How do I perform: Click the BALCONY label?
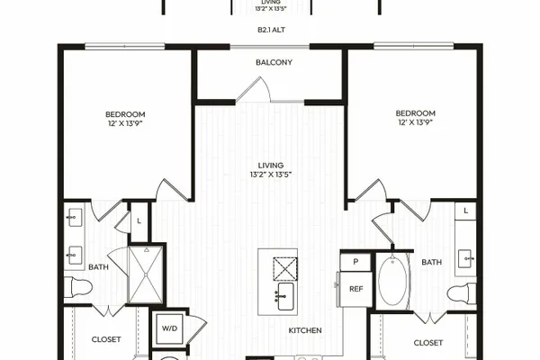pyautogui.click(x=274, y=62)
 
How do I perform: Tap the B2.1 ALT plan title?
pyautogui.click(x=271, y=30)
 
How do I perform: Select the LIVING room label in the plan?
pyautogui.click(x=271, y=166)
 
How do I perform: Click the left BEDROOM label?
pyautogui.click(x=125, y=114)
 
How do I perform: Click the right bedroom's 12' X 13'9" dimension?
pyautogui.click(x=415, y=122)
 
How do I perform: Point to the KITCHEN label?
pyautogui.click(x=305, y=330)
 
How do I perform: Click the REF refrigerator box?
pyautogui.click(x=356, y=289)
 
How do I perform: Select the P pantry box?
pyautogui.click(x=355, y=262)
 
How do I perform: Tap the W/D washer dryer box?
pyautogui.click(x=169, y=328)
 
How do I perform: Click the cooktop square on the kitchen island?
pyautogui.click(x=285, y=269)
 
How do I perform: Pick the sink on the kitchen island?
pyautogui.click(x=285, y=296)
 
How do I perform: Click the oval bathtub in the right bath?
pyautogui.click(x=392, y=280)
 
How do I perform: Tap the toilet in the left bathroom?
pyautogui.click(x=82, y=286)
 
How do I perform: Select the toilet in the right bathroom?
pyautogui.click(x=462, y=293)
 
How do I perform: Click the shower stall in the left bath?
pyautogui.click(x=145, y=274)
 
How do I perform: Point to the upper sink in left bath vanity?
pyautogui.click(x=75, y=218)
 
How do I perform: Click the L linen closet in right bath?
pyautogui.click(x=465, y=211)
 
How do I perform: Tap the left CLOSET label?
pyautogui.click(x=106, y=339)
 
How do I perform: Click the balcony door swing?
pyautogui.click(x=254, y=90)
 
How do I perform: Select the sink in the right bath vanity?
pyautogui.click(x=467, y=258)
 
